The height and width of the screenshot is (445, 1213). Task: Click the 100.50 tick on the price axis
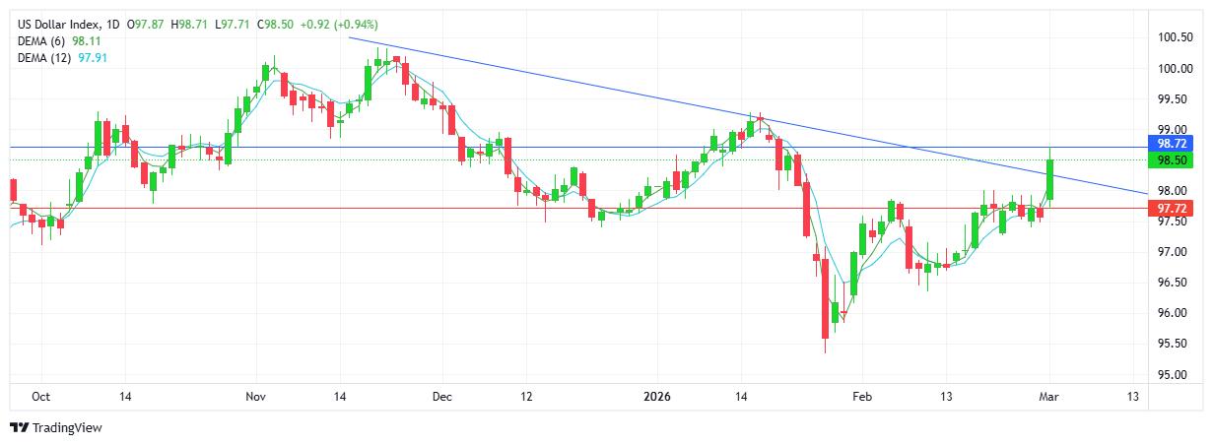click(1176, 37)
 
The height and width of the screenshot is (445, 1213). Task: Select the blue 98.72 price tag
click(1176, 144)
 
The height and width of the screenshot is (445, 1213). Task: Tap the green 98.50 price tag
click(1176, 159)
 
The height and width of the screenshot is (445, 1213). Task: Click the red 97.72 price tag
click(1176, 209)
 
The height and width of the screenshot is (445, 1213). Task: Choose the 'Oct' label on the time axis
click(40, 397)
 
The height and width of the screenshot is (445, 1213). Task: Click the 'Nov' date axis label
click(255, 397)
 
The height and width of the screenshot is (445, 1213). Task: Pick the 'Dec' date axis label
click(441, 397)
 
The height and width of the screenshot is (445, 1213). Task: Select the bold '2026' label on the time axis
click(656, 397)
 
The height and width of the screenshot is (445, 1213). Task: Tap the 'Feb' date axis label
click(861, 397)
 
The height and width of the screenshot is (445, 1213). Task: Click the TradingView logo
click(56, 428)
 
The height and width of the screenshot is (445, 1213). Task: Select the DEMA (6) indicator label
click(43, 41)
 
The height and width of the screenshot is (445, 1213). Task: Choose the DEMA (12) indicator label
click(46, 58)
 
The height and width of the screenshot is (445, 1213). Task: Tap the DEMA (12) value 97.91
click(101, 58)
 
